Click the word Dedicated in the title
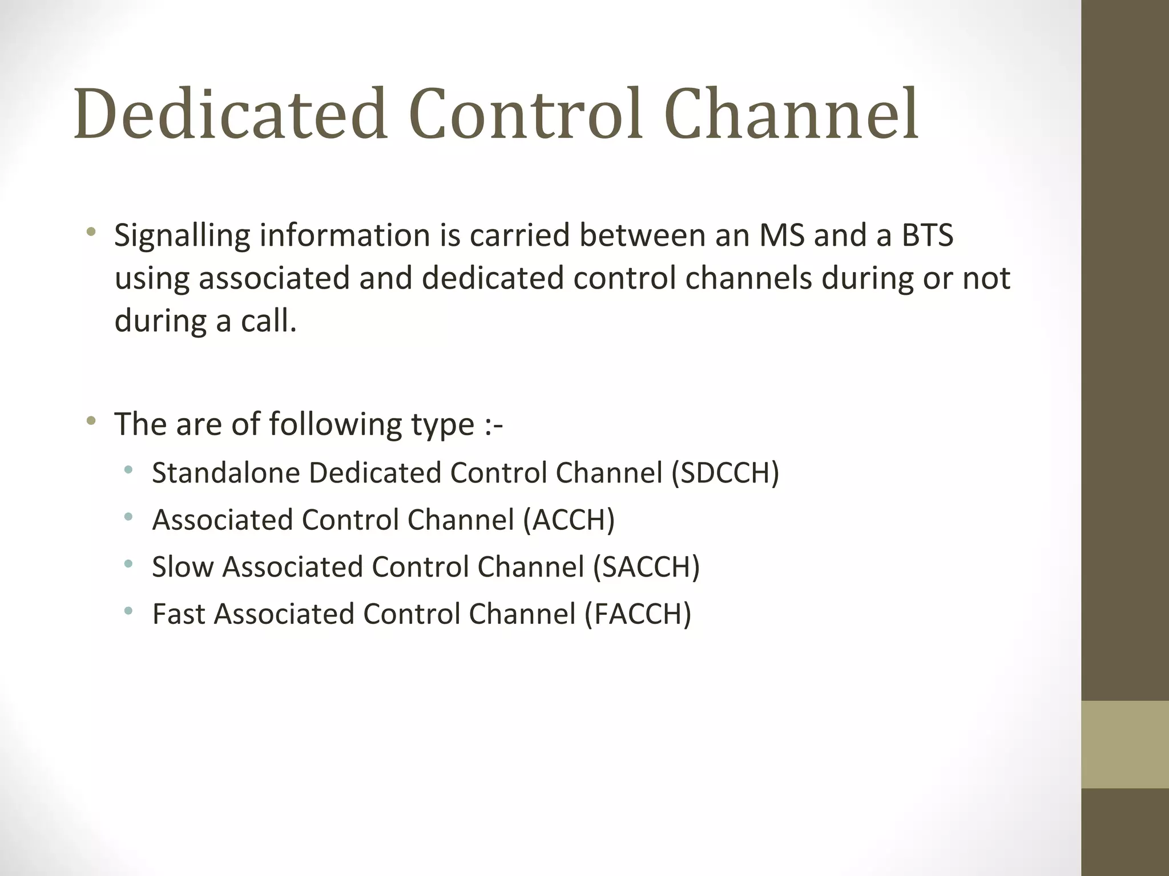pos(231,114)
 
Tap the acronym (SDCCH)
pos(725,473)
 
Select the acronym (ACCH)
pos(569,520)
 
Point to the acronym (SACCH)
pos(646,567)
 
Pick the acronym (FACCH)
pos(638,614)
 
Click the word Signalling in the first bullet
pos(182,236)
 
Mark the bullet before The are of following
pos(91,421)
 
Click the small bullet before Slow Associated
pos(128,564)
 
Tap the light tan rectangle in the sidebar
pos(1124,744)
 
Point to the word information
pos(345,236)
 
